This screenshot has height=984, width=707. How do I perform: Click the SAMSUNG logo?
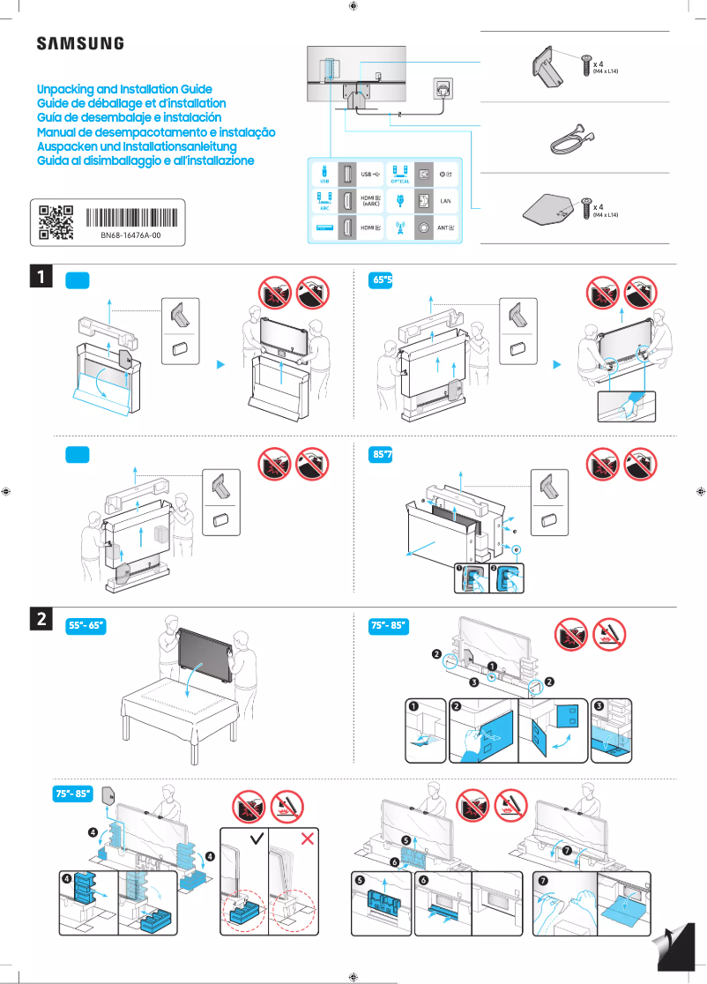tap(79, 43)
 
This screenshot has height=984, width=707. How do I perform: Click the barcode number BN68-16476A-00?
tap(130, 237)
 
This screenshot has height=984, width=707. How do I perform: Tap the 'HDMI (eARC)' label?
tap(371, 200)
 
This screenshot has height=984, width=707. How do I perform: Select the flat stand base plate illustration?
tap(548, 211)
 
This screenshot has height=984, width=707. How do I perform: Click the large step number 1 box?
tap(41, 278)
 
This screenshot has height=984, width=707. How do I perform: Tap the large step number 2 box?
tap(41, 620)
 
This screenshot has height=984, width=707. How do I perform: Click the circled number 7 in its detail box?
tap(542, 879)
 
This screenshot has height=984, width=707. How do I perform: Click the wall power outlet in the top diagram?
tap(442, 89)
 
